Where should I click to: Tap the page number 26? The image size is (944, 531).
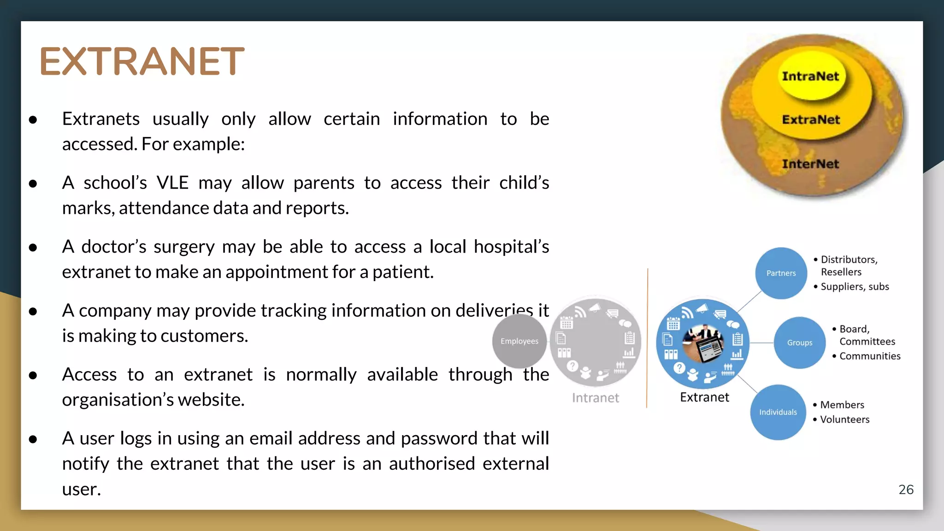tap(906, 490)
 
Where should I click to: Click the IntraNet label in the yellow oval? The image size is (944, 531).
tap(810, 77)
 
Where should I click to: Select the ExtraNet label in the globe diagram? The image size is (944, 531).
tap(811, 120)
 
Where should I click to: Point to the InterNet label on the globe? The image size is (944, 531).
tap(810, 164)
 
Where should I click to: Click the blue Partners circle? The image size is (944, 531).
tap(781, 273)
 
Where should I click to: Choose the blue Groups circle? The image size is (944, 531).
tap(799, 342)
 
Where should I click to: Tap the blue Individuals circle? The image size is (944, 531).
tap(778, 412)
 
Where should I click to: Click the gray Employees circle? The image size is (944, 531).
tap(519, 341)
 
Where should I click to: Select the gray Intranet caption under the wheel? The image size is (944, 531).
tap(595, 398)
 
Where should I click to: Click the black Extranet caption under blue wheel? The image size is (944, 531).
tap(704, 397)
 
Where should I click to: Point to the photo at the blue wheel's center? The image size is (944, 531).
tap(703, 344)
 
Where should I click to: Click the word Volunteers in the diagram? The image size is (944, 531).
tap(844, 419)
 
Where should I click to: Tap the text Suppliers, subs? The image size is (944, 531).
tap(855, 287)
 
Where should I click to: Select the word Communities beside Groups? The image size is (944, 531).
tap(870, 356)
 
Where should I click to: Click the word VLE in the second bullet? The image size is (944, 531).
tap(172, 183)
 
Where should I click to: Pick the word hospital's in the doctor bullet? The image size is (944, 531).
tap(511, 247)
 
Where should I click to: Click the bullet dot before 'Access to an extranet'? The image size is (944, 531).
tap(33, 375)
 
